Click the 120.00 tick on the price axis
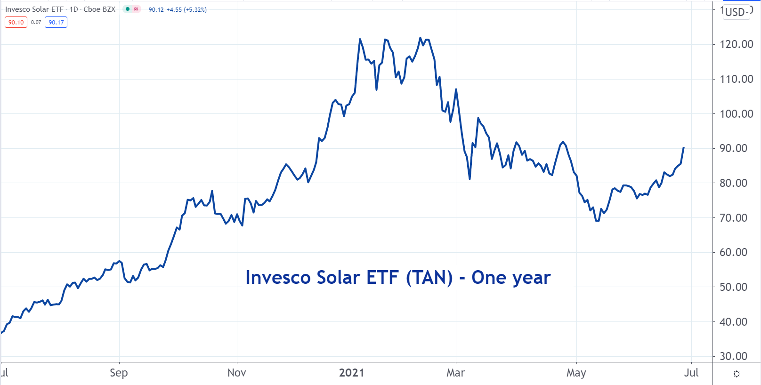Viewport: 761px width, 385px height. coord(736,44)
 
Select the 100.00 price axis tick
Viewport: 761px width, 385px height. coord(736,114)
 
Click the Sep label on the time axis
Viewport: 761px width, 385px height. coord(119,373)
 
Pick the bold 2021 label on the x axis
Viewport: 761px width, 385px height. coord(352,373)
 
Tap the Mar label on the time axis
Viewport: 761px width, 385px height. coord(455,373)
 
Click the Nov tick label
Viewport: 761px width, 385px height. coord(236,373)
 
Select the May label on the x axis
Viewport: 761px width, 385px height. coord(576,373)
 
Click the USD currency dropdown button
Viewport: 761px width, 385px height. coord(737,12)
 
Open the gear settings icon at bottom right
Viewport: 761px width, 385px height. coord(737,374)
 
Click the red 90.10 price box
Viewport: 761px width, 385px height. coord(16,22)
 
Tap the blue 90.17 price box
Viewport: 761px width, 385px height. coord(56,22)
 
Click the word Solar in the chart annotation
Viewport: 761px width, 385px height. coord(339,278)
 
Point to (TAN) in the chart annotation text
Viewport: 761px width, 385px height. coord(429,278)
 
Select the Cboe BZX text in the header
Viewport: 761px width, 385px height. coord(99,9)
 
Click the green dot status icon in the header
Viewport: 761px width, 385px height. coord(128,9)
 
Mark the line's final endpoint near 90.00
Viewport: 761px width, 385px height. coord(683,148)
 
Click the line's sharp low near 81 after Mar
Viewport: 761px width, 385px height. coord(470,179)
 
